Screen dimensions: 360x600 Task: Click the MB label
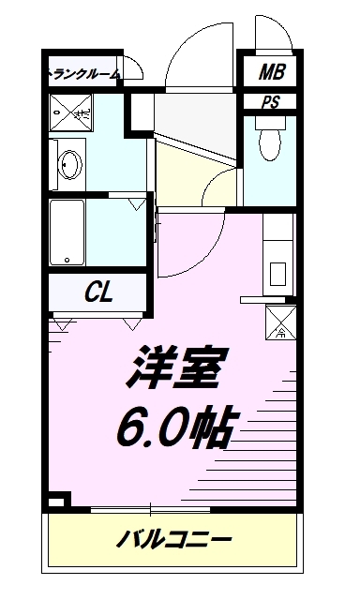click(271, 71)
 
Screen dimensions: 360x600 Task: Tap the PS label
click(271, 102)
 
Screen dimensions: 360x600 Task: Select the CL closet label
click(99, 292)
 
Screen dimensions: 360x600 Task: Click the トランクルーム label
click(83, 73)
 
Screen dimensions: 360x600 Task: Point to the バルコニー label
click(174, 540)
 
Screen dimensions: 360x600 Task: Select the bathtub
click(67, 232)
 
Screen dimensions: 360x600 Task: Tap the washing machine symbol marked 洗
click(70, 112)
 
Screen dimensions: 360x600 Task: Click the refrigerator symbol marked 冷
click(280, 322)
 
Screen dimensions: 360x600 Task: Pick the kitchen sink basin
click(278, 274)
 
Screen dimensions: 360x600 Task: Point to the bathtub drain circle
click(67, 260)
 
